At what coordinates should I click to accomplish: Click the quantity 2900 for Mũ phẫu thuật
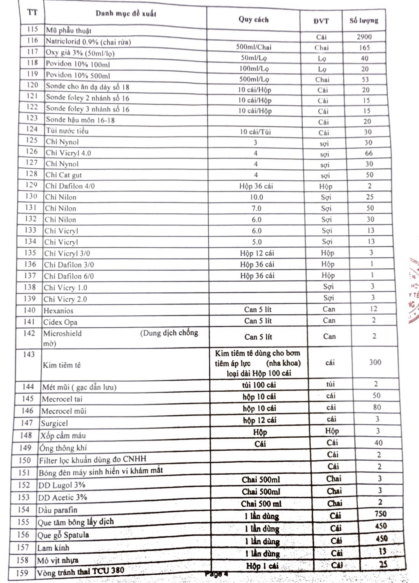[364, 37]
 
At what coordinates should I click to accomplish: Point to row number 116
[32, 40]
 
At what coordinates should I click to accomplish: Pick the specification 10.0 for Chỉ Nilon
[256, 197]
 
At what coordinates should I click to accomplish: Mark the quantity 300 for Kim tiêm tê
[375, 362]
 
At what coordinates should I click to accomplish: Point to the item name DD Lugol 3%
[62, 485]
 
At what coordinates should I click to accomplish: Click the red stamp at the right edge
[413, 290]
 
